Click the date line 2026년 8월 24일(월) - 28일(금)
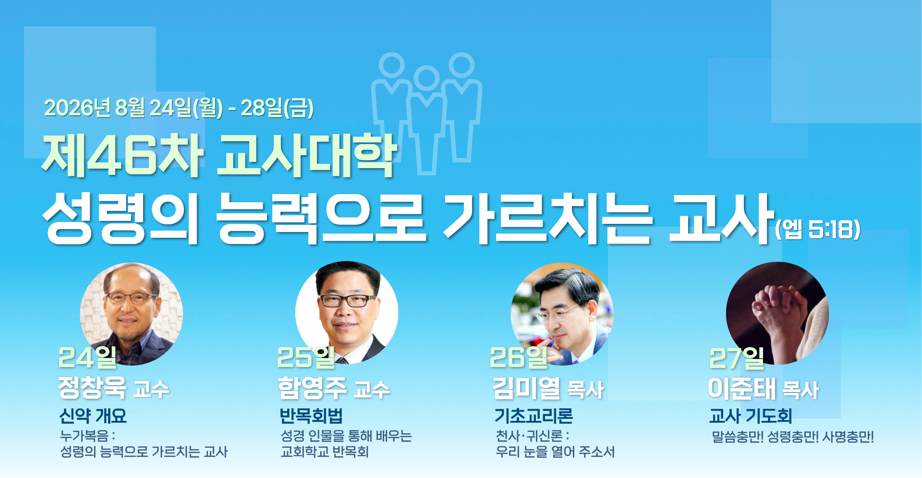click(179, 108)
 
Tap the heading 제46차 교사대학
click(219, 155)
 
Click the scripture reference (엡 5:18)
click(818, 229)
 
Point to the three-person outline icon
click(426, 113)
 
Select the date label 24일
click(87, 357)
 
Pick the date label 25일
click(306, 357)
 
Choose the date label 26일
click(519, 357)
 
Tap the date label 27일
click(737, 358)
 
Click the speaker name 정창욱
click(92, 387)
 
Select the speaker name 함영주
click(312, 388)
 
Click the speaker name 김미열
click(526, 388)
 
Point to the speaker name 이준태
click(741, 388)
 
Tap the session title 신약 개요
click(93, 416)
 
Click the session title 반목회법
click(311, 416)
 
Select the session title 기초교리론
click(534, 416)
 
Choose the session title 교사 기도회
click(751, 416)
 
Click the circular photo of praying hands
click(777, 313)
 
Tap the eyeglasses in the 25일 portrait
click(347, 301)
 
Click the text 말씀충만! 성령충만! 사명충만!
click(793, 437)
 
